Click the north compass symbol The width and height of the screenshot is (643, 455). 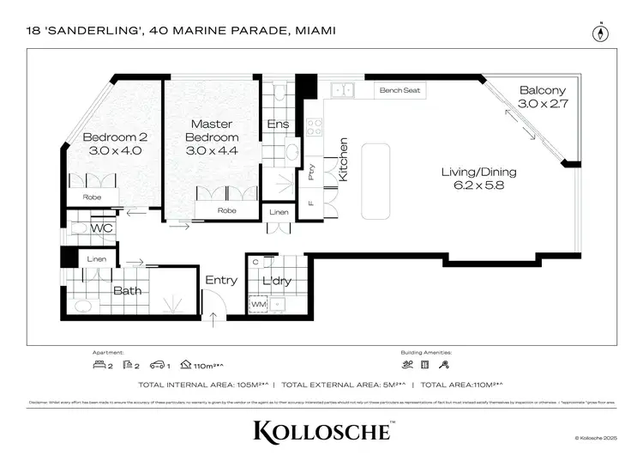[x=599, y=33]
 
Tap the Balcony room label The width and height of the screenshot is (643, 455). [x=542, y=90]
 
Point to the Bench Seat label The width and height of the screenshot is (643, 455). [x=400, y=89]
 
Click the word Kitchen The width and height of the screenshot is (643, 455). [x=343, y=159]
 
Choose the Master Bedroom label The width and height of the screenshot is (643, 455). [x=213, y=130]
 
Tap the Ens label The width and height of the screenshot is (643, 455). [x=279, y=124]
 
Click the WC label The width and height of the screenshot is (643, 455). [x=103, y=228]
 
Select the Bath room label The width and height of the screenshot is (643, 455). [x=128, y=291]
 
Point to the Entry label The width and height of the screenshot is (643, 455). [x=221, y=280]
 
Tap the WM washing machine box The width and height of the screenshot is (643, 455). [x=258, y=304]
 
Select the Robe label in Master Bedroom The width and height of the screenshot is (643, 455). [x=226, y=209]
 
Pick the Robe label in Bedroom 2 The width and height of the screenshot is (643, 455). [x=92, y=197]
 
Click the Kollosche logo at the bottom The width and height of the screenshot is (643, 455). [x=321, y=428]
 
